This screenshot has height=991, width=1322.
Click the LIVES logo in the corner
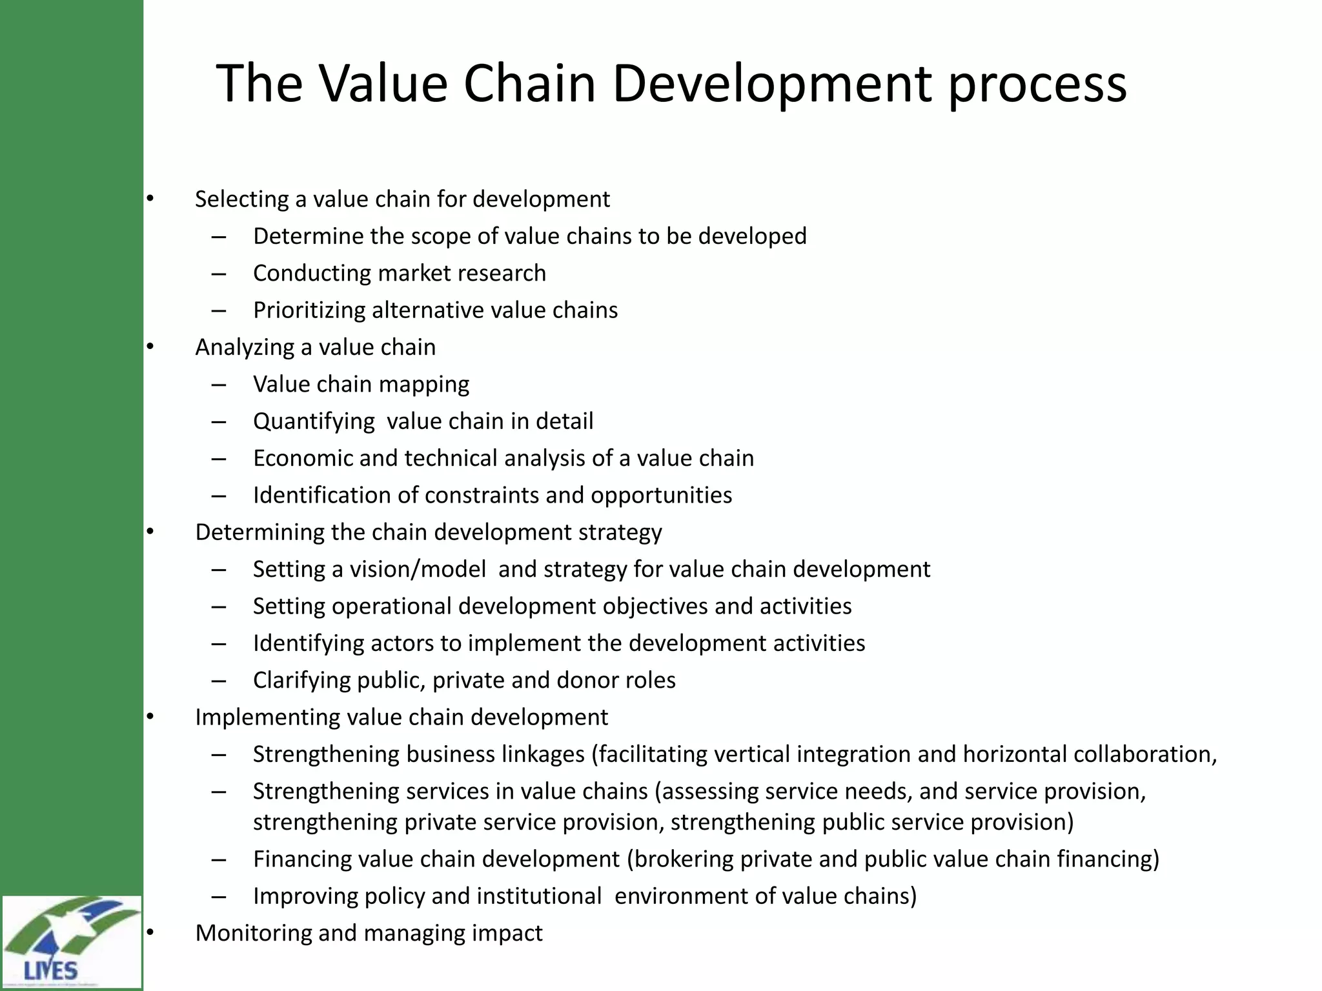(x=71, y=941)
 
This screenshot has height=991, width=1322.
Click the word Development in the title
(x=771, y=84)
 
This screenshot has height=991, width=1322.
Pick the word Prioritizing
(x=309, y=310)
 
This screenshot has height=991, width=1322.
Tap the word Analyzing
(x=245, y=348)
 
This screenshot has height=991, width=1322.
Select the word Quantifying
(x=314, y=422)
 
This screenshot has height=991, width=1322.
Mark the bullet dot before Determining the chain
(x=150, y=532)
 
